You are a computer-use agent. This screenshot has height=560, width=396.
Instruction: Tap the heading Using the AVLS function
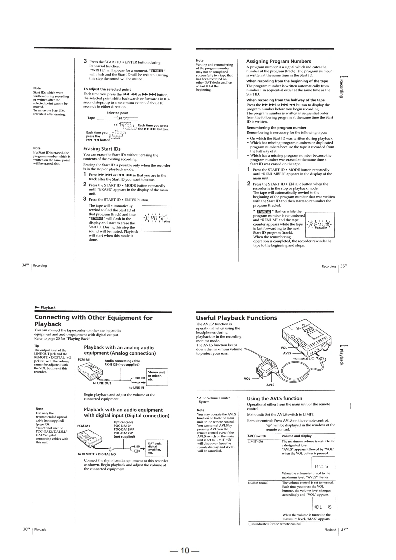[274, 398]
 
